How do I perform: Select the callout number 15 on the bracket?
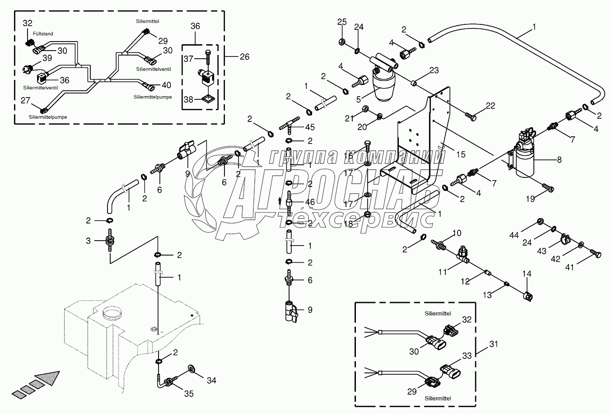tap(460, 155)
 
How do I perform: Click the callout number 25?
tap(342, 22)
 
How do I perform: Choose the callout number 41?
tap(569, 267)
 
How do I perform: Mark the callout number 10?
tap(457, 233)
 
